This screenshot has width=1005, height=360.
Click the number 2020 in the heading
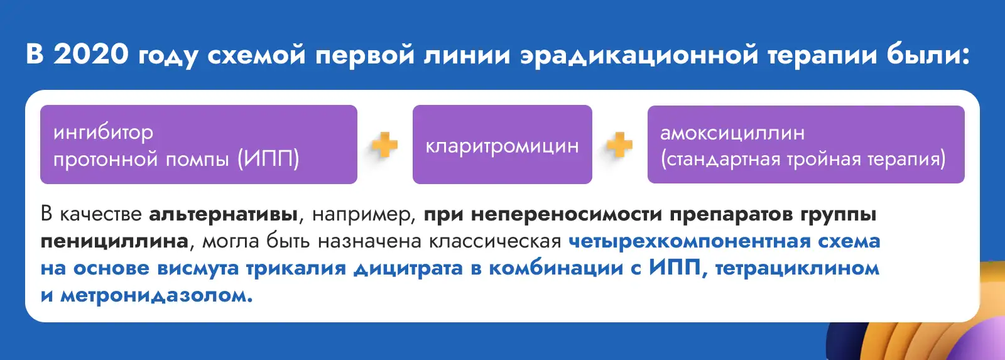(x=91, y=54)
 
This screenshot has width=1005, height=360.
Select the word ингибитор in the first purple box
(x=103, y=133)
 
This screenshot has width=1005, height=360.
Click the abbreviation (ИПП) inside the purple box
(x=268, y=159)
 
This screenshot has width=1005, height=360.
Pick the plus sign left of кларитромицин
(x=385, y=145)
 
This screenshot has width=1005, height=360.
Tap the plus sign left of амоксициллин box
(x=619, y=145)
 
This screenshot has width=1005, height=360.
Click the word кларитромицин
(x=502, y=146)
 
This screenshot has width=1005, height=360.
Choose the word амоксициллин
(x=732, y=133)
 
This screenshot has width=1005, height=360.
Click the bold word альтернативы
(x=223, y=215)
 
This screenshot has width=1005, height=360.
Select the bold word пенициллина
(x=114, y=242)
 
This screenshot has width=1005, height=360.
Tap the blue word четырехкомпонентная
(x=690, y=242)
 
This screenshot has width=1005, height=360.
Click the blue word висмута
(x=198, y=269)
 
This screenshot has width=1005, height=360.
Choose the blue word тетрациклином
(x=797, y=269)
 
